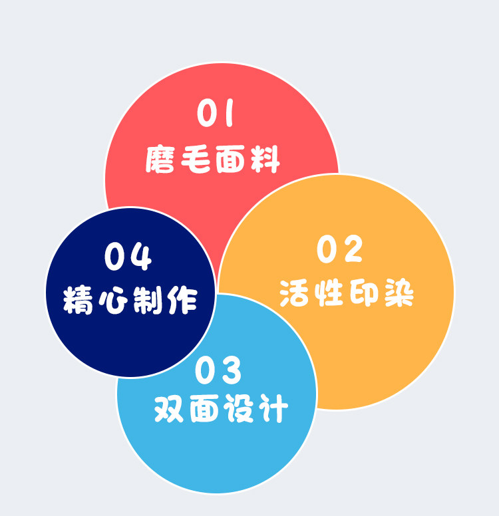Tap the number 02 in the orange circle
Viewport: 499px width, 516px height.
(339, 249)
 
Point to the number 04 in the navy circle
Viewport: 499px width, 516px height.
(128, 257)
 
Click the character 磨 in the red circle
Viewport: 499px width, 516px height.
(162, 160)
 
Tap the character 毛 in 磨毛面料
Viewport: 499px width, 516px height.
(196, 160)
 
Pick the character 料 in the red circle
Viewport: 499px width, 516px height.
(264, 160)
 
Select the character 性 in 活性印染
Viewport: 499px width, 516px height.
(329, 293)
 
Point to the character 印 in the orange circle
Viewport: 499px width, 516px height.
(363, 293)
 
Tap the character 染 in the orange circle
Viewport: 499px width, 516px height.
(397, 293)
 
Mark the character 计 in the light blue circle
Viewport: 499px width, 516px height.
(272, 409)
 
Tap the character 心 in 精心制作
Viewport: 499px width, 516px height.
(113, 301)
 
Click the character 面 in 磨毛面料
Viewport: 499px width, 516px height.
(230, 160)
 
